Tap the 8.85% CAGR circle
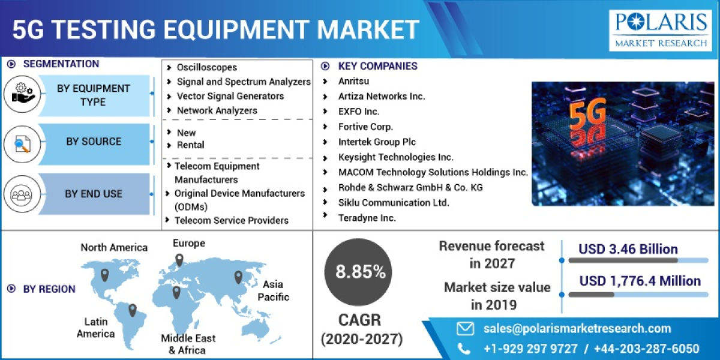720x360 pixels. click(360, 272)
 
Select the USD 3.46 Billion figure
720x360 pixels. click(628, 249)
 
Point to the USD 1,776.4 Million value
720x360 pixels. click(640, 281)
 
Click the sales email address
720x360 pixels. click(577, 328)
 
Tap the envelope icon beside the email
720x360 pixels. click(465, 328)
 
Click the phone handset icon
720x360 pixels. click(464, 349)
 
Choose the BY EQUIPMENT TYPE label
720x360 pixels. click(93, 95)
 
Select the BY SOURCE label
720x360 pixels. click(94, 142)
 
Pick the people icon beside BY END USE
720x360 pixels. click(21, 194)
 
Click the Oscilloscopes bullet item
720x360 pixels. click(206, 67)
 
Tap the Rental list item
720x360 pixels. click(190, 145)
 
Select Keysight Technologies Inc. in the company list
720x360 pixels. click(395, 157)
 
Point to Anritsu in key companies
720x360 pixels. click(353, 81)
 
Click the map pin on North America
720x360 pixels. click(104, 275)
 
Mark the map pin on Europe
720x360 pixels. click(179, 260)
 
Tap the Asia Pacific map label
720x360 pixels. click(273, 290)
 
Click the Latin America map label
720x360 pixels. click(95, 328)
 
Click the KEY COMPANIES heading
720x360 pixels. click(377, 66)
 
